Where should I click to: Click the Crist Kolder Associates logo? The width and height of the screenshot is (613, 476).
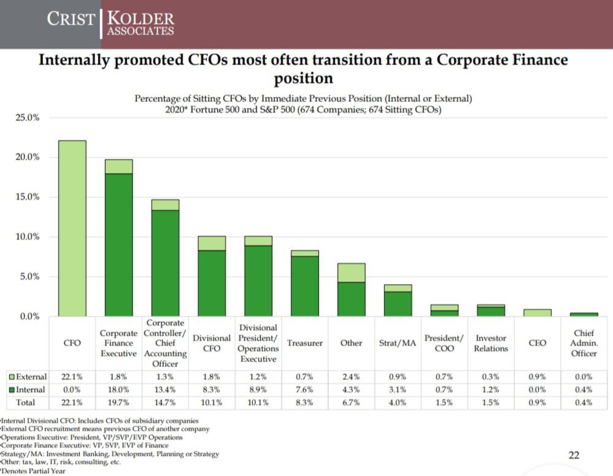[x=110, y=24]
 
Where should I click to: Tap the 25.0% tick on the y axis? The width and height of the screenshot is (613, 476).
[x=27, y=117]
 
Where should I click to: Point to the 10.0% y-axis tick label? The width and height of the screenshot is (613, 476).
[x=27, y=237]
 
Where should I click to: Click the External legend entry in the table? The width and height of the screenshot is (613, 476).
[x=26, y=376]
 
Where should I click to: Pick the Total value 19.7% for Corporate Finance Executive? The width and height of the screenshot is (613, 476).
[x=118, y=403]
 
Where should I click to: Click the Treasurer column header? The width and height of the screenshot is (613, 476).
[x=305, y=343]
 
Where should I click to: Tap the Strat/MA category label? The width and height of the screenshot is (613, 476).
[x=398, y=343]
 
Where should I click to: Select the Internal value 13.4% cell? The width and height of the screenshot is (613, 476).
[x=165, y=390]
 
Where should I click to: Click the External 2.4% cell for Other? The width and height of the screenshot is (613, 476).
[x=351, y=376]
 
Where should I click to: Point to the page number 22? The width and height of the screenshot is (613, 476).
[x=574, y=455]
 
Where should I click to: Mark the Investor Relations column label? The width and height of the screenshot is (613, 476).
[x=491, y=343]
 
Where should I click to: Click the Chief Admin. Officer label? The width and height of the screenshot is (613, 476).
[x=584, y=343]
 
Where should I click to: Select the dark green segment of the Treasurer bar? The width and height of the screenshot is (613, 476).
[x=305, y=286]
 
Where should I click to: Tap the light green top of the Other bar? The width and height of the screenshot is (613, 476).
[x=351, y=272]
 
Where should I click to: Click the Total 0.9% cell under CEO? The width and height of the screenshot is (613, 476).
[x=538, y=403]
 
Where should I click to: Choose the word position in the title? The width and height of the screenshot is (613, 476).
[x=303, y=79]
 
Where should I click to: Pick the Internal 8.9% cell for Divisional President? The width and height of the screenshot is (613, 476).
[x=258, y=390]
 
